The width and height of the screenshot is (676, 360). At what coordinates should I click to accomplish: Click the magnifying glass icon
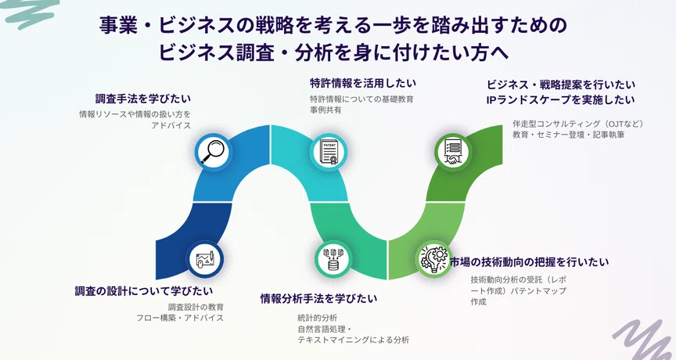tap(213, 151)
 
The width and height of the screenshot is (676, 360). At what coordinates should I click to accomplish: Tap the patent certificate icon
tap(329, 152)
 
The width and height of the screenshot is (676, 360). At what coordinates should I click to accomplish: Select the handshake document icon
tap(453, 151)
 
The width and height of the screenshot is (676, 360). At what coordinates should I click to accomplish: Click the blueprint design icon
tap(204, 259)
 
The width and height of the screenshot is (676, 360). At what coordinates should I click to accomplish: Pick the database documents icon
tap(333, 259)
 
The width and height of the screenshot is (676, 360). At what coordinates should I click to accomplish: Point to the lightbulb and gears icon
tap(434, 258)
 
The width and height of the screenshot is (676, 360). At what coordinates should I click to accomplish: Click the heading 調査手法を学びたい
tap(143, 99)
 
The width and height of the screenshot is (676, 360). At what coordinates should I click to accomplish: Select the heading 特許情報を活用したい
tap(363, 83)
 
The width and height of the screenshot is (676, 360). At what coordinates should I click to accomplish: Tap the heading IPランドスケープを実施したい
tap(560, 100)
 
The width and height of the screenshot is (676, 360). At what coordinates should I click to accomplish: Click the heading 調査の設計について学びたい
tap(144, 291)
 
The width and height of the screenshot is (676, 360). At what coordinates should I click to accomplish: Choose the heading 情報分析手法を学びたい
tap(318, 298)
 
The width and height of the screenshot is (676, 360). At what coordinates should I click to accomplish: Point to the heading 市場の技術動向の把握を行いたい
tap(529, 261)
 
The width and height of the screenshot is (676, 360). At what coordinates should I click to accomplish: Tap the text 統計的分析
tap(318, 319)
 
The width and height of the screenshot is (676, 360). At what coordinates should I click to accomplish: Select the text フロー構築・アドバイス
tap(180, 318)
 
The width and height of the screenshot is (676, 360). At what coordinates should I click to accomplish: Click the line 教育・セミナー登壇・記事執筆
tap(568, 135)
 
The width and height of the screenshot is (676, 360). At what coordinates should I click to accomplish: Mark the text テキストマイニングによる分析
tap(353, 340)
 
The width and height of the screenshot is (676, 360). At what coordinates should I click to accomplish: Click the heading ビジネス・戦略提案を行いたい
tap(561, 85)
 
